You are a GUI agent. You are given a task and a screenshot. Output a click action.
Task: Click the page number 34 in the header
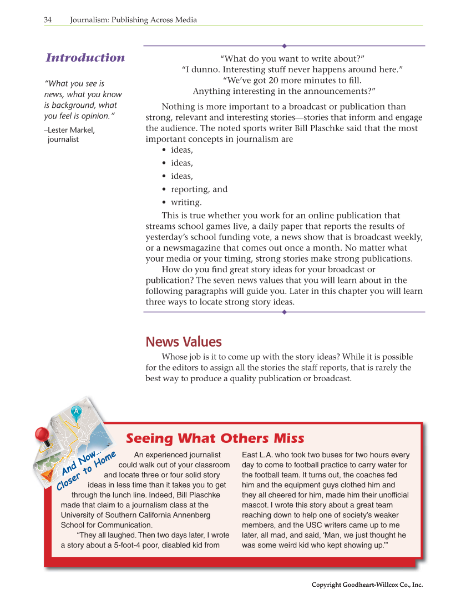(48, 20)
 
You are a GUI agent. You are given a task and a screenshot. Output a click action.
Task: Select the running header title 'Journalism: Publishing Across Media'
(133, 20)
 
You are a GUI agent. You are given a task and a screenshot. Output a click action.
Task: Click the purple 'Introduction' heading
(85, 58)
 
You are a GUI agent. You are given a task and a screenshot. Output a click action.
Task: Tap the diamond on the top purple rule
(284, 46)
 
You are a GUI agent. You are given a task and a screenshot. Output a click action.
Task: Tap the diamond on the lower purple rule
(284, 312)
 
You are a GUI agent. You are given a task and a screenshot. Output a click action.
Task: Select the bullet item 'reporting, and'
(199, 189)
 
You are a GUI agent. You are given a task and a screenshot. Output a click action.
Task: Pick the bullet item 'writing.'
(186, 202)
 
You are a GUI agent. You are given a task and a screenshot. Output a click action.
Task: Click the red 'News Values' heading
(183, 342)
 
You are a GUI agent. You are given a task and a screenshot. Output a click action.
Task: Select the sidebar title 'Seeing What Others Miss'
(215, 438)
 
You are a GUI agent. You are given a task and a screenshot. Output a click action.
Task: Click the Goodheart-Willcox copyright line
(367, 585)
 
